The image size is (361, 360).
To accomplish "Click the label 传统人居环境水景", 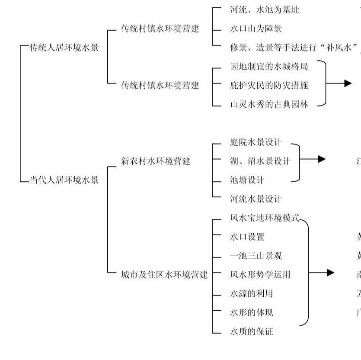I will (x=64, y=48).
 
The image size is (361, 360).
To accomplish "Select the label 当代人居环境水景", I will (x=64, y=180).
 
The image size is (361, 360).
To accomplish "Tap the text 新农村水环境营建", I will (x=156, y=161).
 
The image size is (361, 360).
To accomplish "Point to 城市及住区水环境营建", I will (x=164, y=274).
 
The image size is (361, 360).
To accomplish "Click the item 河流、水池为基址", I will (x=264, y=10).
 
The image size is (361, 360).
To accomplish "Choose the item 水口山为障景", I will (x=256, y=29).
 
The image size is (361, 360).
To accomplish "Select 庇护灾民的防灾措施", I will (x=268, y=85).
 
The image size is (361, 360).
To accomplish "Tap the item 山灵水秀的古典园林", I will (x=268, y=104).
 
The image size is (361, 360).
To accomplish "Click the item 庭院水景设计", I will (x=256, y=142).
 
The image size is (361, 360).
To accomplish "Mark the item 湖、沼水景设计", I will (x=260, y=161).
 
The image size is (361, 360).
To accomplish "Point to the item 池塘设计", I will (x=247, y=180).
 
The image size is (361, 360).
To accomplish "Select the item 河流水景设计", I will (x=256, y=199).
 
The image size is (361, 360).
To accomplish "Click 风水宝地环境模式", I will (x=264, y=218).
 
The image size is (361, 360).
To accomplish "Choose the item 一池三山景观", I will (x=256, y=256).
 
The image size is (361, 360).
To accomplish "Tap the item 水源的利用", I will (x=251, y=293).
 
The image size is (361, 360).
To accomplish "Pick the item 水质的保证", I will (x=251, y=331).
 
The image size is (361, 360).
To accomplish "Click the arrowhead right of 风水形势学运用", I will (x=331, y=273).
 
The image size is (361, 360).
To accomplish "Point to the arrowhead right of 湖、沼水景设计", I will (x=322, y=159).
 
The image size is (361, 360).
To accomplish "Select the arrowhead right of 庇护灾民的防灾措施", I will (x=348, y=84).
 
